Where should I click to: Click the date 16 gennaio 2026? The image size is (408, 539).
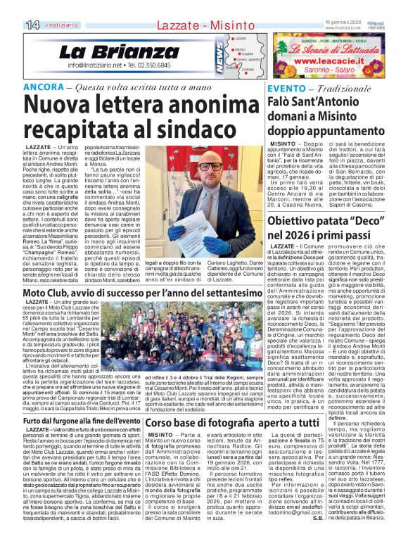[343, 23]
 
